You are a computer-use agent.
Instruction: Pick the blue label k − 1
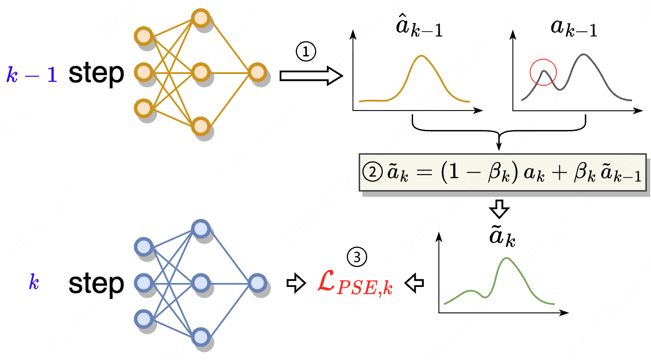32,74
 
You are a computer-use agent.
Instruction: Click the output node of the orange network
256,72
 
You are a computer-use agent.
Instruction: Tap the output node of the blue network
256,283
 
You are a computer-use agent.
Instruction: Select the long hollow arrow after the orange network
311,75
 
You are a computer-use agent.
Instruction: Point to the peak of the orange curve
422,56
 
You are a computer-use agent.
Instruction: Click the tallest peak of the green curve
507,258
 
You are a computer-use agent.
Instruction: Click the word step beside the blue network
96,284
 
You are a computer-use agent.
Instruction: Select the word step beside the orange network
96,74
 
